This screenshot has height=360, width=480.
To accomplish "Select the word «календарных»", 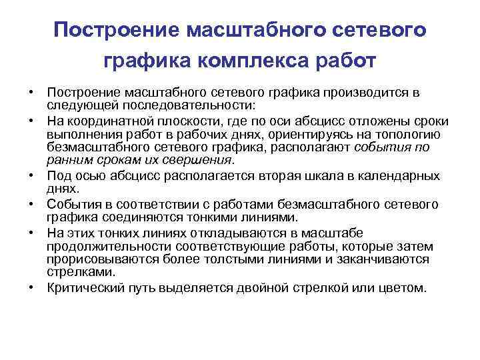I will pos(403,175).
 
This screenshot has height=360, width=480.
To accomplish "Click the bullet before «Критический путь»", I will pos(31,288).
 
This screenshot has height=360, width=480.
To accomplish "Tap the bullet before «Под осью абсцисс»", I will pos(31,175).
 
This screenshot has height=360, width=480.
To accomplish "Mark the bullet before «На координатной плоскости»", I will pos(31,121).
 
